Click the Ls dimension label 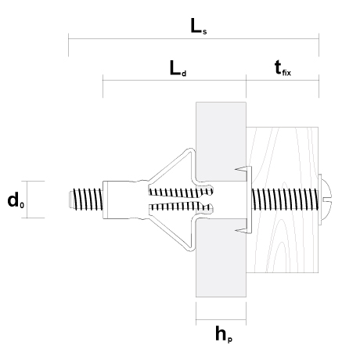(x=199, y=27)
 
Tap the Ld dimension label (x=178, y=68)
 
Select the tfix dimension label (x=283, y=68)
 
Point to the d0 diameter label (x=16, y=200)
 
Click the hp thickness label (x=224, y=334)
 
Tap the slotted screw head (x=326, y=200)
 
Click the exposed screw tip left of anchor (x=85, y=200)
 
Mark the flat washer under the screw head (x=319, y=200)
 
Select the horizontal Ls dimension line (x=193, y=39)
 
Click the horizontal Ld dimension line (x=175, y=81)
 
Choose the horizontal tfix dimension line (x=283, y=81)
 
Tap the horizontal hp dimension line (x=221, y=319)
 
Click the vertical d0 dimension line (x=27, y=200)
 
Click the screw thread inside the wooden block (x=285, y=200)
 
